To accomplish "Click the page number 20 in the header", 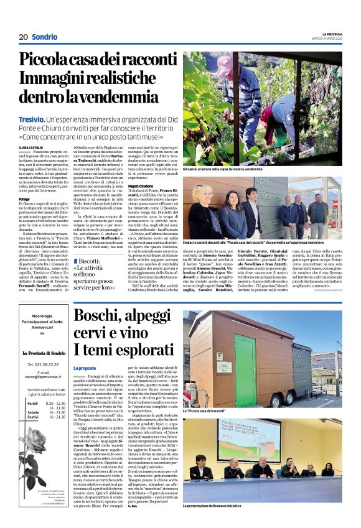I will (23, 37).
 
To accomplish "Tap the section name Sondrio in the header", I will (45, 37).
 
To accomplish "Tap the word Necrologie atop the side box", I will (42, 315).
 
